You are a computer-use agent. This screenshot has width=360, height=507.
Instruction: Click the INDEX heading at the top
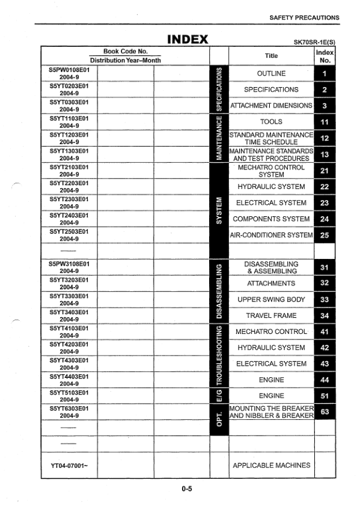(x=188, y=40)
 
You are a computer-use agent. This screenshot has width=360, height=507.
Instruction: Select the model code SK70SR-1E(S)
(x=314, y=42)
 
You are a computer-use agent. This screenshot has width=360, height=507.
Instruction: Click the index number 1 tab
(x=325, y=74)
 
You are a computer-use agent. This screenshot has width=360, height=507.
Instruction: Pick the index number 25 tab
(x=325, y=235)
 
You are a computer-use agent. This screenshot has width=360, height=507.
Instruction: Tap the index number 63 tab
(x=325, y=411)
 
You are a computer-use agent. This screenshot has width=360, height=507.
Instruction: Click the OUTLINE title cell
(x=271, y=74)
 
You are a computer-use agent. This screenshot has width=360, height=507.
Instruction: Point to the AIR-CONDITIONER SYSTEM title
(x=271, y=235)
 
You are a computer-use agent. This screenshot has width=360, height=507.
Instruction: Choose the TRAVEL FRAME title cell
(x=271, y=315)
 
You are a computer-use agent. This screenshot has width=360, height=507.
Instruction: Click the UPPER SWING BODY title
(x=271, y=299)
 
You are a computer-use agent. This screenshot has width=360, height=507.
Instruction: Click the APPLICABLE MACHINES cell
(x=271, y=465)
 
